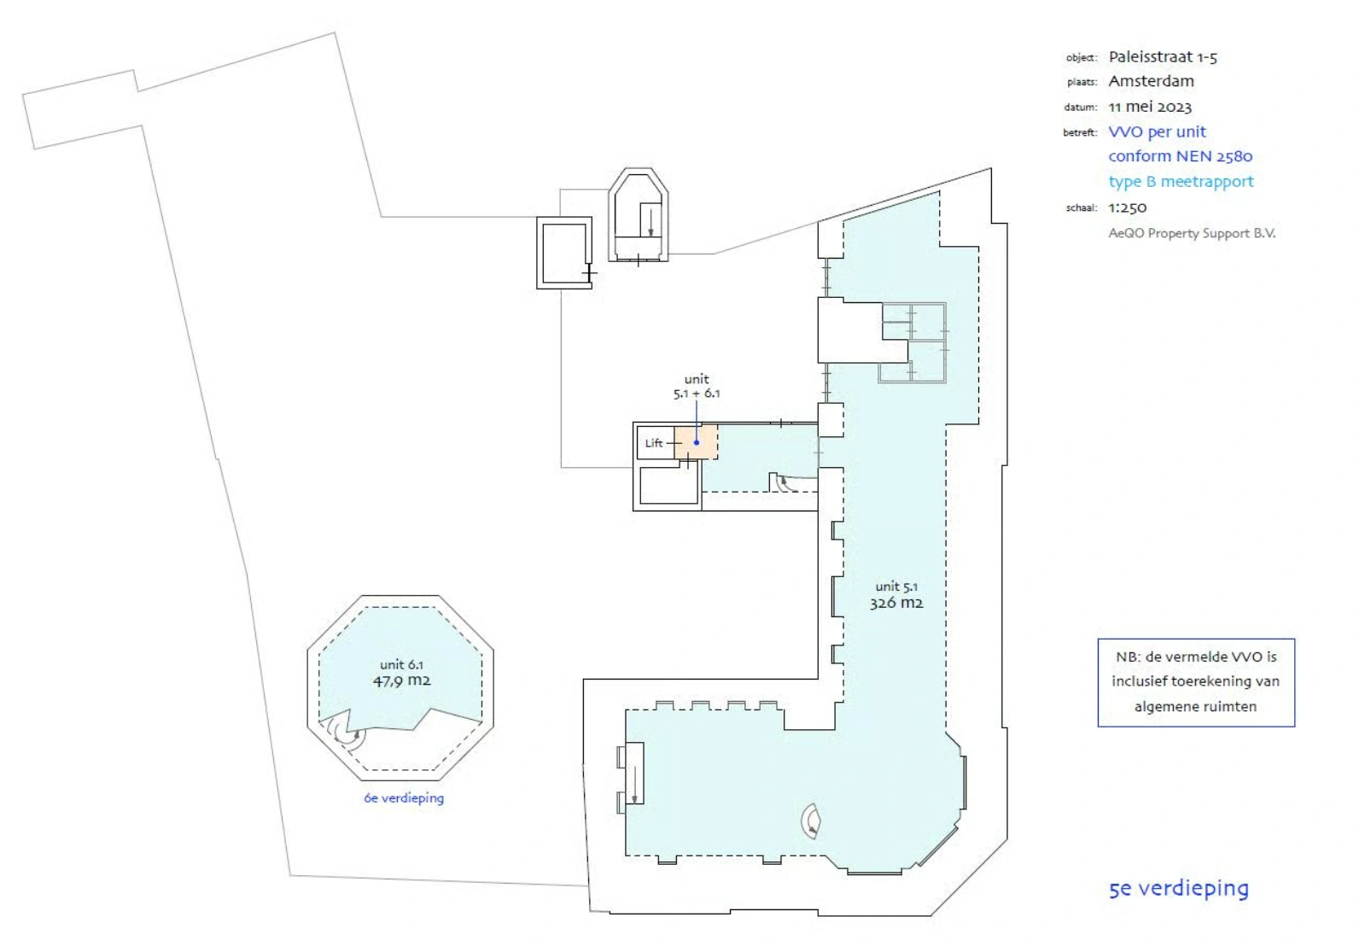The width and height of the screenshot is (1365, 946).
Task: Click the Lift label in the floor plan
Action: (x=653, y=443)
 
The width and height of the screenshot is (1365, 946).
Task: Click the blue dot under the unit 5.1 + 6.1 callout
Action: (x=697, y=442)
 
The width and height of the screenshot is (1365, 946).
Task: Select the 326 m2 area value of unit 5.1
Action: (x=896, y=603)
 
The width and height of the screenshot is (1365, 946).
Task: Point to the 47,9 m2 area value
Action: (x=401, y=681)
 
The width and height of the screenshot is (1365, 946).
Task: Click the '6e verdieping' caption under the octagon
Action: (x=404, y=798)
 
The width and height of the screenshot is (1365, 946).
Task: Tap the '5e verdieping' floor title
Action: (x=1178, y=889)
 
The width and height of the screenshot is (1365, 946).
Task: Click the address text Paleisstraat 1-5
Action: (x=1163, y=57)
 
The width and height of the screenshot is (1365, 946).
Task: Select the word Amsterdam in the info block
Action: (x=1151, y=81)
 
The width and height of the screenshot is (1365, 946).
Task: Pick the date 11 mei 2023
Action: (x=1150, y=107)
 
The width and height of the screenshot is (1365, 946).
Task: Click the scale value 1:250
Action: (x=1128, y=207)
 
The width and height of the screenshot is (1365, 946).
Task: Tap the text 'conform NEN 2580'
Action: (x=1180, y=156)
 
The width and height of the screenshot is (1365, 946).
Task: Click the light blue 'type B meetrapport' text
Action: (x=1181, y=181)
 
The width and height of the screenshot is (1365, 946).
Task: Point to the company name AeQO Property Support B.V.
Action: (x=1192, y=233)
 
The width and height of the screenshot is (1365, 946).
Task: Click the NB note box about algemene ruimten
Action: (x=1195, y=682)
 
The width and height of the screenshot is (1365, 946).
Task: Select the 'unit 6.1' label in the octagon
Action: (x=401, y=665)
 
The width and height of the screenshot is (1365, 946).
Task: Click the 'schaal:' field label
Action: (x=1081, y=208)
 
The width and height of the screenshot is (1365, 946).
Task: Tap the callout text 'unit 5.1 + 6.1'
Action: (x=697, y=386)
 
